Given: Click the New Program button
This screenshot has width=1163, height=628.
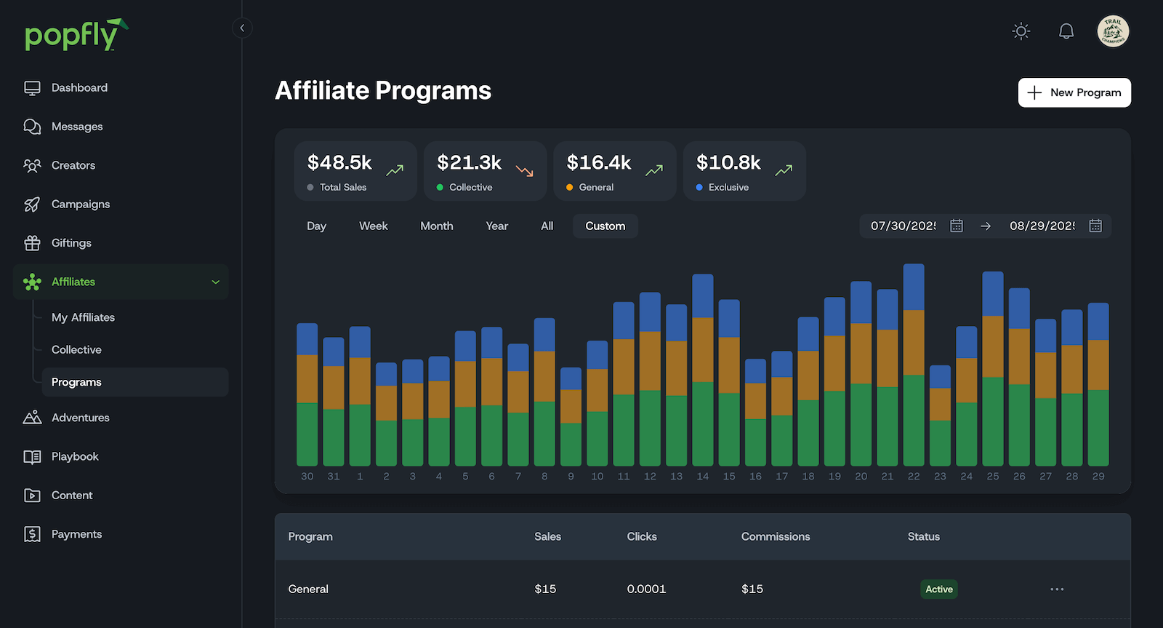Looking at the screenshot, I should pyautogui.click(x=1074, y=92).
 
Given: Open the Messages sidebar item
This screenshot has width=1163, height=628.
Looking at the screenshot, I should pyautogui.click(x=76, y=127).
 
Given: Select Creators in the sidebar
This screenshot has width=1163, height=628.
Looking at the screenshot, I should pyautogui.click(x=73, y=165).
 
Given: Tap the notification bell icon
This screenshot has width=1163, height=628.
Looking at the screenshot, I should pyautogui.click(x=1066, y=31).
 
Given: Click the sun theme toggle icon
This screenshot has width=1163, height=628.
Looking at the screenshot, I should pyautogui.click(x=1021, y=31).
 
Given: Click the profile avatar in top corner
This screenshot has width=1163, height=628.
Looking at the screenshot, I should pyautogui.click(x=1113, y=31).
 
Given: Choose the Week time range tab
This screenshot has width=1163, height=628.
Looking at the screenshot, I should pyautogui.click(x=373, y=226).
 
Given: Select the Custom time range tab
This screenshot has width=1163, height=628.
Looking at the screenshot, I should pyautogui.click(x=605, y=226).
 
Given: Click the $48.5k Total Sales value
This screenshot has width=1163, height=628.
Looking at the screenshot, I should pyautogui.click(x=339, y=162).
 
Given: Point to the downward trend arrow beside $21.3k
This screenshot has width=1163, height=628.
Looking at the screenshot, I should pyautogui.click(x=525, y=171).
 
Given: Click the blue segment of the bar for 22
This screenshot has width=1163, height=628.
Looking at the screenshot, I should pyautogui.click(x=914, y=287).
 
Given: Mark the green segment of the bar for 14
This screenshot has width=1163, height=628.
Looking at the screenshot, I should pyautogui.click(x=703, y=424).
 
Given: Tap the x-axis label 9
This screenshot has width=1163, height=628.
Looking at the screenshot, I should pyautogui.click(x=571, y=477).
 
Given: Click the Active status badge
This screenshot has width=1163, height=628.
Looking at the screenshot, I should pyautogui.click(x=938, y=589).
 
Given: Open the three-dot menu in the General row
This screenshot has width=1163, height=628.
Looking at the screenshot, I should pyautogui.click(x=1057, y=589).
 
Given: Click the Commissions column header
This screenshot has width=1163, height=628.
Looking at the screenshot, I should pyautogui.click(x=776, y=536).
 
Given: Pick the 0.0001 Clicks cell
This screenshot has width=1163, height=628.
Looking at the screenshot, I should pyautogui.click(x=646, y=589).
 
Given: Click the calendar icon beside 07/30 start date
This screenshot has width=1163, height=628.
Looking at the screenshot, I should pyautogui.click(x=957, y=226).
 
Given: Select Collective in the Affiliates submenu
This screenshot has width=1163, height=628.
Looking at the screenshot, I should pyautogui.click(x=76, y=350).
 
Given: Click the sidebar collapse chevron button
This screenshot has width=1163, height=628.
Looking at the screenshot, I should pyautogui.click(x=242, y=28).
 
